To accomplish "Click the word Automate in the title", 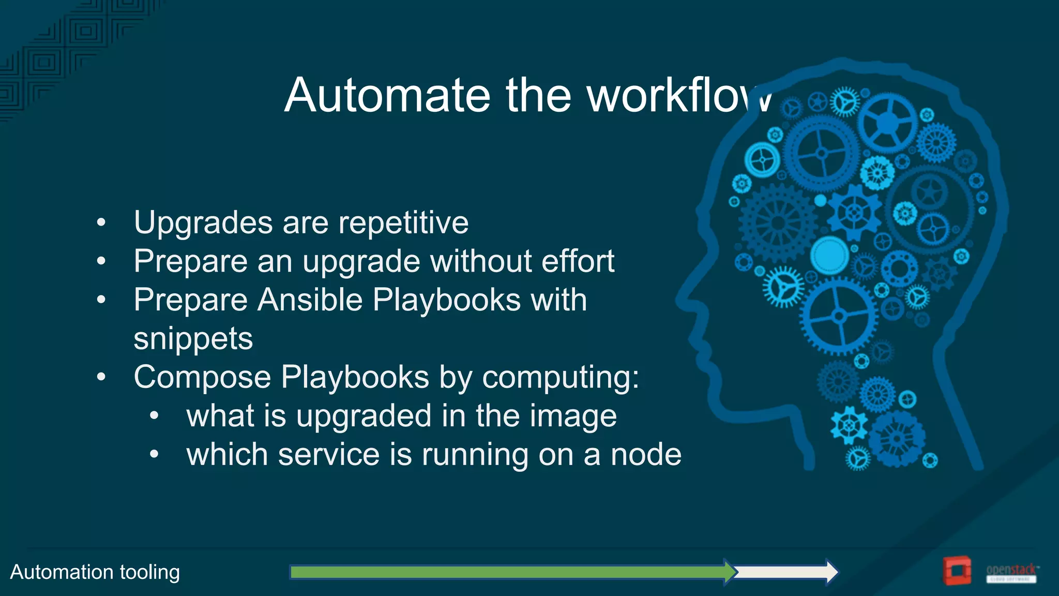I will click(x=387, y=95).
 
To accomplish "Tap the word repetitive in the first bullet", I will click(x=404, y=223).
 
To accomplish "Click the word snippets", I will click(x=193, y=339).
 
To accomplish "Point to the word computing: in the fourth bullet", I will click(x=561, y=377).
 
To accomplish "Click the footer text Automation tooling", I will click(x=95, y=572).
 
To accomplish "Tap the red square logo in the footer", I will click(x=956, y=571).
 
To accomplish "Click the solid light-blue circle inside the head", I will click(x=829, y=255).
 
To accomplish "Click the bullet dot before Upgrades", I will click(x=101, y=223).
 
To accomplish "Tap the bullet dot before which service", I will click(x=154, y=455).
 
